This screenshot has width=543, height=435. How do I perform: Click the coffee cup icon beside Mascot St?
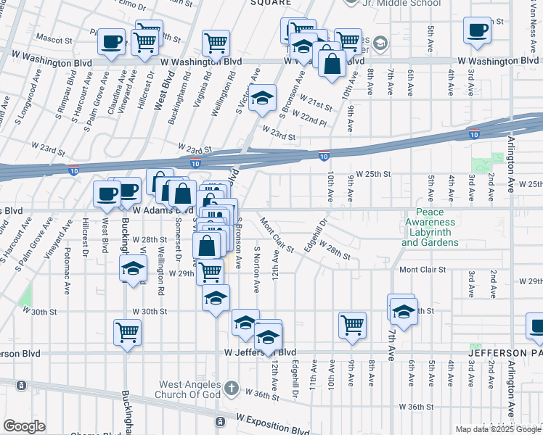coord(112,41)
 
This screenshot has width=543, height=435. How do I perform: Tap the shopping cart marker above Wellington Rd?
coord(216,43)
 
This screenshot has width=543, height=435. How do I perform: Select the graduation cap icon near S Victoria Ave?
coord(263,98)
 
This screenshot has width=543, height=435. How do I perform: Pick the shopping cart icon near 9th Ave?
coord(353,324)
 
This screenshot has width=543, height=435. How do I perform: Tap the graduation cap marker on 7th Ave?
coord(403,311)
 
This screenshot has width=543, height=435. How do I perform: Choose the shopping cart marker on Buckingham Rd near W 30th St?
coord(127,332)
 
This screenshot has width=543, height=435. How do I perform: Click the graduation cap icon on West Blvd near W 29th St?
coord(133,268)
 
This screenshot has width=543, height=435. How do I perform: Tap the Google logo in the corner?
coord(23,426)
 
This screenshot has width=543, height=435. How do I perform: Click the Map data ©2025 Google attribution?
coord(499,429)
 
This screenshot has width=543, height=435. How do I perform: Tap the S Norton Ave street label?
coord(256,268)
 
